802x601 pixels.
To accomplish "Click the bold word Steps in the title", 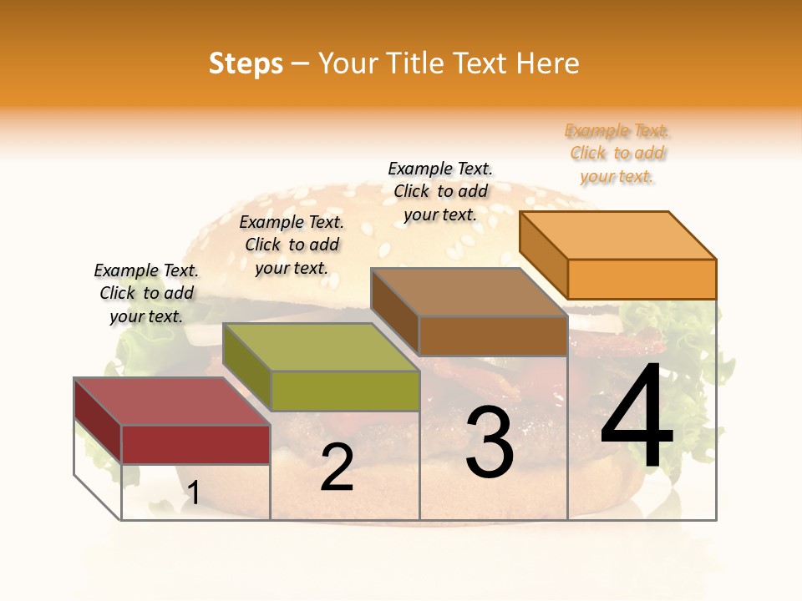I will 246,63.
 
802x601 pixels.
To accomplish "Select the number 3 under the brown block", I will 490,442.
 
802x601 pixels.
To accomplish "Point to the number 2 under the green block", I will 337,467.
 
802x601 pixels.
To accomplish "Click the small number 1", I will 193,492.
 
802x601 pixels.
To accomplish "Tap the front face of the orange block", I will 642,279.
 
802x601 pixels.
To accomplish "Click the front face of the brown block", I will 493,336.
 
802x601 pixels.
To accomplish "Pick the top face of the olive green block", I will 322,347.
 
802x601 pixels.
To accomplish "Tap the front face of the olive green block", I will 345,391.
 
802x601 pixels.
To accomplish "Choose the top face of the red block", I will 172,402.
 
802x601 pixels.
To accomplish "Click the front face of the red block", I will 195,444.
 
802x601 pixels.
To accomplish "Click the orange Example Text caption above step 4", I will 617,153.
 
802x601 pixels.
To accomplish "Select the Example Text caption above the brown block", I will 440,191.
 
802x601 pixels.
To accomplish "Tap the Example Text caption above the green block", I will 292,245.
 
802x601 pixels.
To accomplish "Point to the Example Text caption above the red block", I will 146,293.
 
